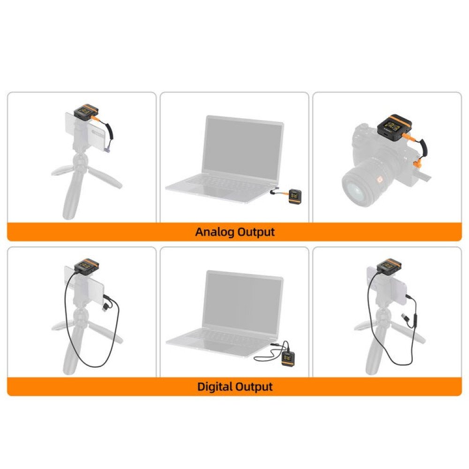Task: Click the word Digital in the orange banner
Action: coord(216,387)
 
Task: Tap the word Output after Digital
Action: coord(254,387)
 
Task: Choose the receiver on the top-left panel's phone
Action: coord(85,112)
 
